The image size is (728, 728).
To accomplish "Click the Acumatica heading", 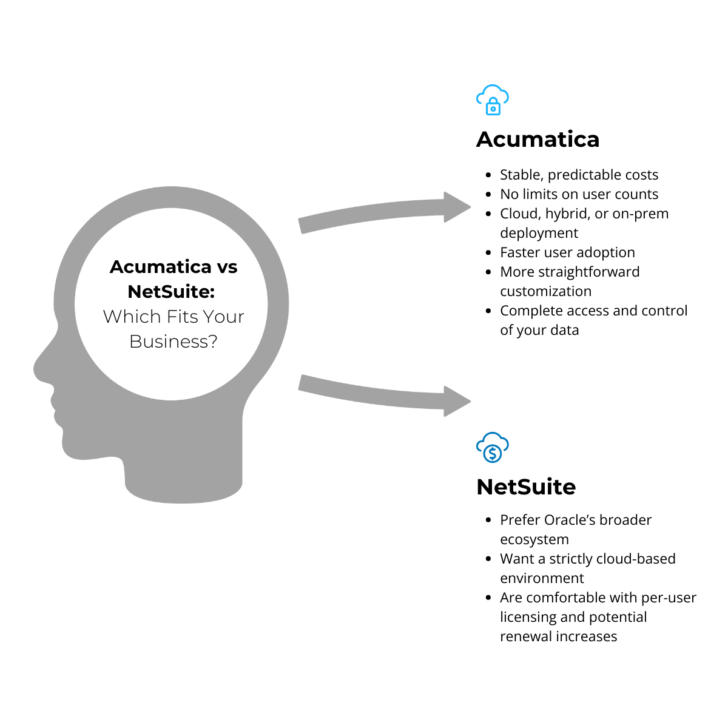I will [x=538, y=140].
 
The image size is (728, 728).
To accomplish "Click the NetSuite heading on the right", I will [x=526, y=487].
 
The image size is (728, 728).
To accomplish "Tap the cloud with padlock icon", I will [x=493, y=100].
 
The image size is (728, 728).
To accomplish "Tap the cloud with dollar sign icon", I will [x=493, y=448].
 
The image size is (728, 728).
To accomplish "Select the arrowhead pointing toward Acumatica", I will [x=456, y=207].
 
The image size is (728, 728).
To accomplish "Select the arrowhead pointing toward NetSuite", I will [x=456, y=401].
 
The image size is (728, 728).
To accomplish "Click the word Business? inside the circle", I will [x=174, y=342].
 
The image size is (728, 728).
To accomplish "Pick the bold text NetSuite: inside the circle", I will [x=171, y=292].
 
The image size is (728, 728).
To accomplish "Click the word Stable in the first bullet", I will [x=521, y=175].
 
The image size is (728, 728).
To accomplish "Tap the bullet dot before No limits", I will [x=489, y=195].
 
